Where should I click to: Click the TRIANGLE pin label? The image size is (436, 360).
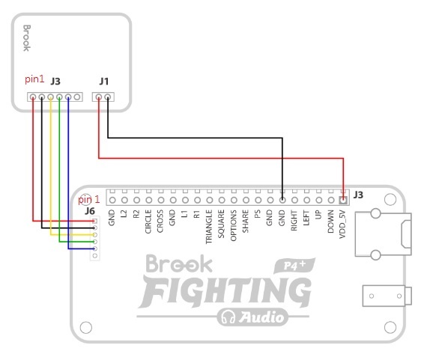pyautogui.click(x=209, y=227)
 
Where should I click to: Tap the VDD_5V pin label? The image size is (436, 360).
pyautogui.click(x=342, y=225)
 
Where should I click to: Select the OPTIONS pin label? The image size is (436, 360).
pyautogui.click(x=233, y=225)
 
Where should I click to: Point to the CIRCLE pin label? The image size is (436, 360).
pyautogui.click(x=148, y=222)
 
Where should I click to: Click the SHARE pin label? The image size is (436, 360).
pyautogui.click(x=246, y=222)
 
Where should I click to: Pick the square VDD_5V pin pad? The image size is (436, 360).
pyautogui.click(x=343, y=200)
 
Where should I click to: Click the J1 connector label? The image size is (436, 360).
pyautogui.click(x=104, y=82)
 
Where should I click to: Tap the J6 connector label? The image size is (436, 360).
pyautogui.click(x=90, y=211)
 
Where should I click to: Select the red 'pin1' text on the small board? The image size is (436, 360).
pyautogui.click(x=34, y=79)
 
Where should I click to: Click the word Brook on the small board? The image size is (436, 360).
pyautogui.click(x=27, y=38)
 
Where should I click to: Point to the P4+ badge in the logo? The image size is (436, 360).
pyautogui.click(x=294, y=266)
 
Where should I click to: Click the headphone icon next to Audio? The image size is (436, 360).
pyautogui.click(x=228, y=317)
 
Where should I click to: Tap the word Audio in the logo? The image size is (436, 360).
pyautogui.click(x=261, y=317)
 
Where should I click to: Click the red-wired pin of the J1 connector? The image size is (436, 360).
pyautogui.click(x=99, y=97)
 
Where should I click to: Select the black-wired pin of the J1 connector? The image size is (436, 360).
pyautogui.click(x=108, y=97)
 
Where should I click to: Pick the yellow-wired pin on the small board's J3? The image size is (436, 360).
pyautogui.click(x=50, y=97)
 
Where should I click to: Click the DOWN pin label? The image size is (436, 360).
pyautogui.click(x=330, y=222)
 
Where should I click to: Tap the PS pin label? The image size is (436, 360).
pyautogui.click(x=258, y=214)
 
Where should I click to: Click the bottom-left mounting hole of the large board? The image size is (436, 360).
pyautogui.click(x=86, y=327)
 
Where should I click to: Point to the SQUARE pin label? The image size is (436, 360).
pyautogui.click(x=221, y=224)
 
